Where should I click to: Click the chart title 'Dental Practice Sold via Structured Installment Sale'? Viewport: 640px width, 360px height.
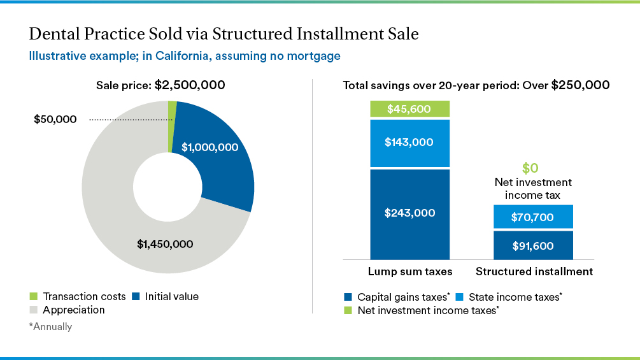point(224,34)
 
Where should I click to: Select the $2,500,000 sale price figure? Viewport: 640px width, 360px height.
point(190,85)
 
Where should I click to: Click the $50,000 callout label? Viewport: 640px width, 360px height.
point(55,119)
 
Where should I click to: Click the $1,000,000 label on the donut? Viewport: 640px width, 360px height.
point(210,147)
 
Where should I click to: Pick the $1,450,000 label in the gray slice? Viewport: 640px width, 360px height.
point(165,243)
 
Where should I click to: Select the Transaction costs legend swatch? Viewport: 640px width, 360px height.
point(34,297)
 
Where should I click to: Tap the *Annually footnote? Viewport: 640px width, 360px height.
point(50,327)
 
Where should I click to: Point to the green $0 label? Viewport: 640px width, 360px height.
point(530,168)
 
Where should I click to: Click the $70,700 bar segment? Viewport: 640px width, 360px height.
point(533,217)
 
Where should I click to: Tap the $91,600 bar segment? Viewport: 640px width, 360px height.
point(533,246)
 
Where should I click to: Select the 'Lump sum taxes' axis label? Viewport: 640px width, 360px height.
point(409,271)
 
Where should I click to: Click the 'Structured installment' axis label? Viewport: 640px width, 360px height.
point(534,271)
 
